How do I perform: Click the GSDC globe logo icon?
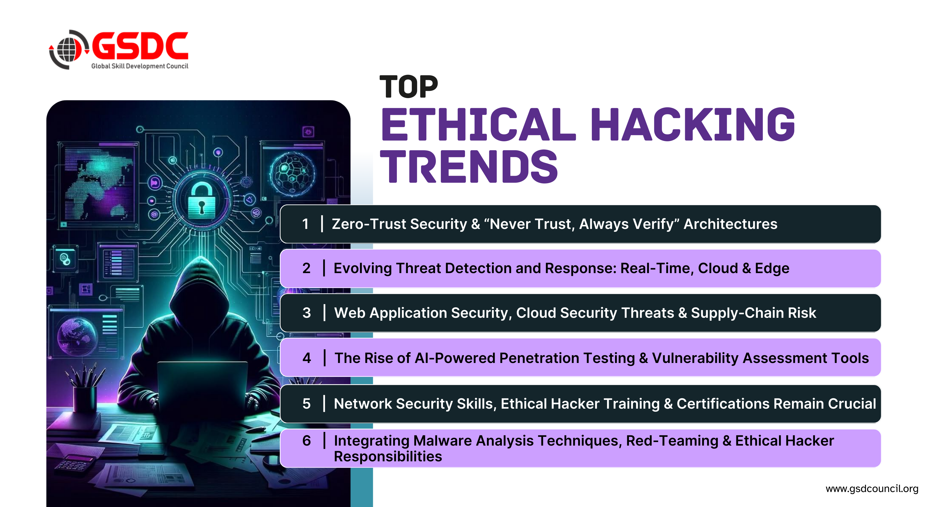pos(68,50)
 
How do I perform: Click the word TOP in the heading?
pos(409,87)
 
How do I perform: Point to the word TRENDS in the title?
pos(469,167)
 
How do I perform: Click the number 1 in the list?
pos(305,224)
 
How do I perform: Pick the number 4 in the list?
pos(307,358)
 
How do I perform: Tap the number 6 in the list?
pos(307,441)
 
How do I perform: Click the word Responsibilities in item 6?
pos(388,457)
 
